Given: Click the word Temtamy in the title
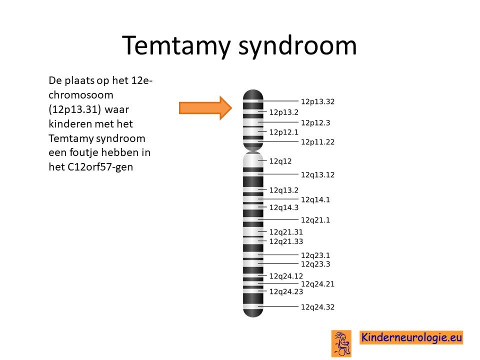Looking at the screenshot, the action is pyautogui.click(x=176, y=45).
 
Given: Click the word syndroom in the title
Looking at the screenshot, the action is pyautogui.click(x=297, y=45).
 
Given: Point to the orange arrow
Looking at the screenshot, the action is pyautogui.click(x=205, y=108).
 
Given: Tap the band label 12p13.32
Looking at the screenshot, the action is pyautogui.click(x=317, y=101).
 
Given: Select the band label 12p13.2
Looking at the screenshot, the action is pyautogui.click(x=284, y=112).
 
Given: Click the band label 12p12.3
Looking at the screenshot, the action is pyautogui.click(x=315, y=123).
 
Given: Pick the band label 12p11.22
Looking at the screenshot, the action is pyautogui.click(x=317, y=142).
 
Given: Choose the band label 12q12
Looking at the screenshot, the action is pyautogui.click(x=280, y=161).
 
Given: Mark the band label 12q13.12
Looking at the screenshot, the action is pyautogui.click(x=317, y=175).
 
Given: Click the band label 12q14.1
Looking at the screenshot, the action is pyautogui.click(x=315, y=199).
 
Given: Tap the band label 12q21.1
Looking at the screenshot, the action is pyautogui.click(x=315, y=220).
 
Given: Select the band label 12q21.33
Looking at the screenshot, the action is pyautogui.click(x=286, y=241).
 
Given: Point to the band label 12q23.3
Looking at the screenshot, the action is pyautogui.click(x=315, y=264).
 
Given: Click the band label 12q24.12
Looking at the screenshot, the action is pyautogui.click(x=286, y=276).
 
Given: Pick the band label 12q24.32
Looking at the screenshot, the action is pyautogui.click(x=317, y=306).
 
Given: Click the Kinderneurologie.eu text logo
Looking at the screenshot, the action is pyautogui.click(x=411, y=337).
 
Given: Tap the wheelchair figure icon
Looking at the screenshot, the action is pyautogui.click(x=341, y=343).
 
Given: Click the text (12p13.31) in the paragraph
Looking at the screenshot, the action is pyautogui.click(x=74, y=109).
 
